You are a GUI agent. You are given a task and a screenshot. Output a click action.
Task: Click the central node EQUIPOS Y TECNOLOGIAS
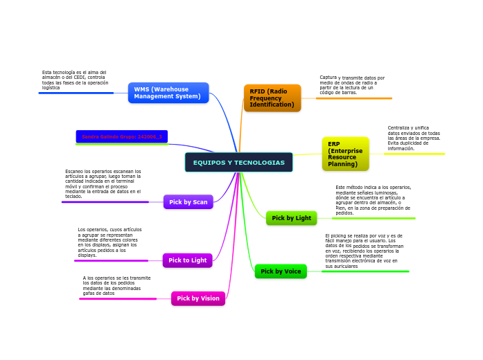pos(238,163)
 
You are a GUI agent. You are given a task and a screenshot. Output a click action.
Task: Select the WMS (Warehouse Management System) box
pos(168,93)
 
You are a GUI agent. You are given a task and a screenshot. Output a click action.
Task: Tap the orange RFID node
pos(272,98)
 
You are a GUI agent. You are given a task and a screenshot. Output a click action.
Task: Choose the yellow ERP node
pos(345,154)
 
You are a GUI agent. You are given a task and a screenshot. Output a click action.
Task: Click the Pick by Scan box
pos(188,202)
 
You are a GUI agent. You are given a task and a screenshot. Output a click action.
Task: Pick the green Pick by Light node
pos(291,218)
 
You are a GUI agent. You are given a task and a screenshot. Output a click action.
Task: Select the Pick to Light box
pos(187,260)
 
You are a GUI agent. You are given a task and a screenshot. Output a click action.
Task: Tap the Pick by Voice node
pos(281,271)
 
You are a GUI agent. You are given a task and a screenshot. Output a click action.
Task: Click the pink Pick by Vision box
pos(198,298)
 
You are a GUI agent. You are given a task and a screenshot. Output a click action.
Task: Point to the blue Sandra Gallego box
pos(122,137)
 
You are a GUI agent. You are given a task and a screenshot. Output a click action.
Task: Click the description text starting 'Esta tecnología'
pos(74,80)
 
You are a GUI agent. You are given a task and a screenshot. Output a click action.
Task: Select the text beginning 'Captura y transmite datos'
pos(352,85)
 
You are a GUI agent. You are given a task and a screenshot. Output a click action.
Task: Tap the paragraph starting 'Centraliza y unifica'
pos(414,138)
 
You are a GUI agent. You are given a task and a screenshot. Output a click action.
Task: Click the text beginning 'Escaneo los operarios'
pos(103,183)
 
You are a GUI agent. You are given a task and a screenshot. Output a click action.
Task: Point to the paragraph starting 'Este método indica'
pos(373,200)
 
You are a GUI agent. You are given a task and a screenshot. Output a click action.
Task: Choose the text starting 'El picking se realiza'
pos(364,251)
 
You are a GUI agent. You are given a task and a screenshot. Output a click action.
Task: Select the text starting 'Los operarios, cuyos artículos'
pos(110,242)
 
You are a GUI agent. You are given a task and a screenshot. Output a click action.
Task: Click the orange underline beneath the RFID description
pos(353,98)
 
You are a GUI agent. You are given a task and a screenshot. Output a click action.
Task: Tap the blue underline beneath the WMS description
pos(76,93)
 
